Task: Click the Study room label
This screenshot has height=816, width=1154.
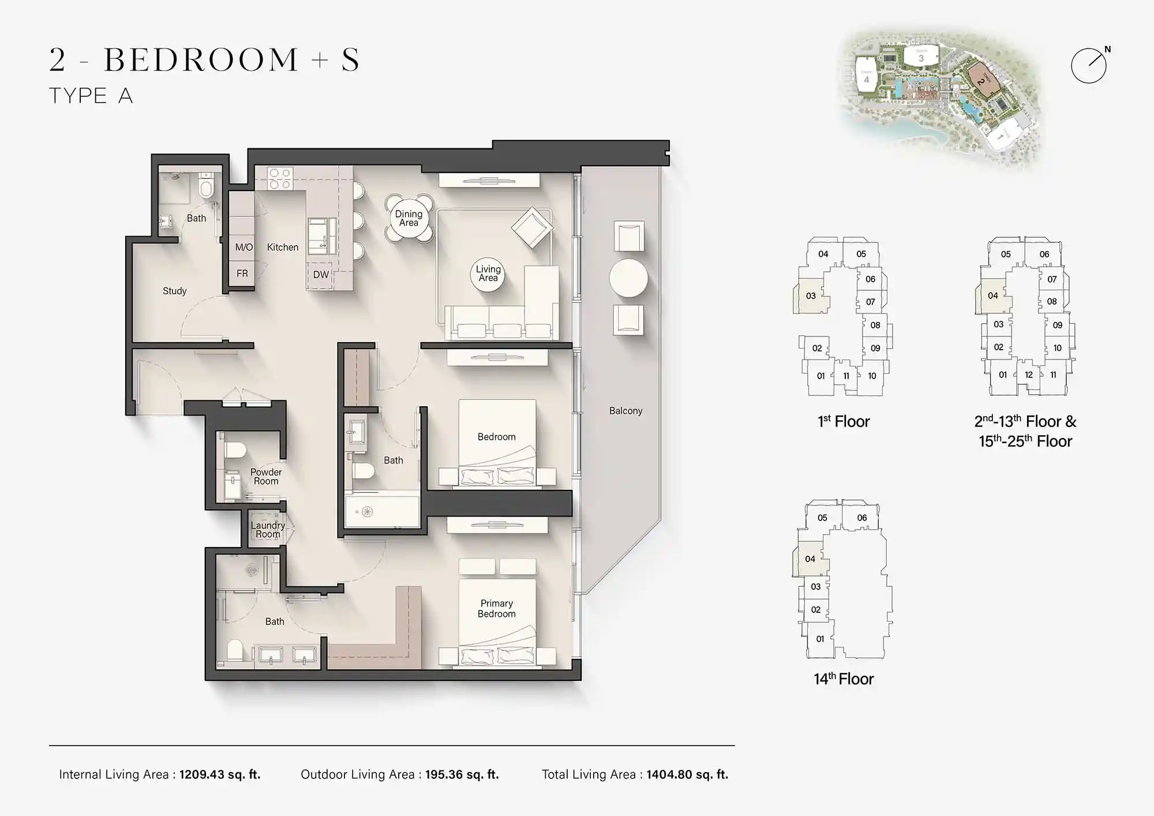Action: [174, 291]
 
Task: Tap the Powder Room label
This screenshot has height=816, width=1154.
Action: [266, 476]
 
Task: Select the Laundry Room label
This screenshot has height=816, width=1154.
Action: [268, 529]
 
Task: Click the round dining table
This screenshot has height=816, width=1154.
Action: [409, 218]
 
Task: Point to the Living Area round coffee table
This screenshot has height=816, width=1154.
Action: [488, 274]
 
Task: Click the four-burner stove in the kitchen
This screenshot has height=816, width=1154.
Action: [280, 178]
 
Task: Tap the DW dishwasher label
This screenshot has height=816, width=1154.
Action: [321, 275]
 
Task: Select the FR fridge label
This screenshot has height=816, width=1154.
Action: [242, 273]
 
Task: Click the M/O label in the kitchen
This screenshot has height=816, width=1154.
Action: [243, 247]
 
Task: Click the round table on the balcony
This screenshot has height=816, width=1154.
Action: [628, 278]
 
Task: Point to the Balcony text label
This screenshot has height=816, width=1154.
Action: [625, 410]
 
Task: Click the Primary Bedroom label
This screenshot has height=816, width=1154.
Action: [496, 608]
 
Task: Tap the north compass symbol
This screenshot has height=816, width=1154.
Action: [1089, 66]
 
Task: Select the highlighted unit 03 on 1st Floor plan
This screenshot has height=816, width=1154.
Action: [811, 296]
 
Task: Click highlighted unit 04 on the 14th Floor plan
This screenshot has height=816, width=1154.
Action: [810, 559]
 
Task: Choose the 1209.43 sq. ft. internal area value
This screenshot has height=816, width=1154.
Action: [219, 774]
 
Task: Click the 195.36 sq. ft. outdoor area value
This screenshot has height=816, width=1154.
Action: [462, 774]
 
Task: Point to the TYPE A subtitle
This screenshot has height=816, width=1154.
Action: [91, 96]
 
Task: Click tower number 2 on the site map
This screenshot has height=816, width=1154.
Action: [981, 81]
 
